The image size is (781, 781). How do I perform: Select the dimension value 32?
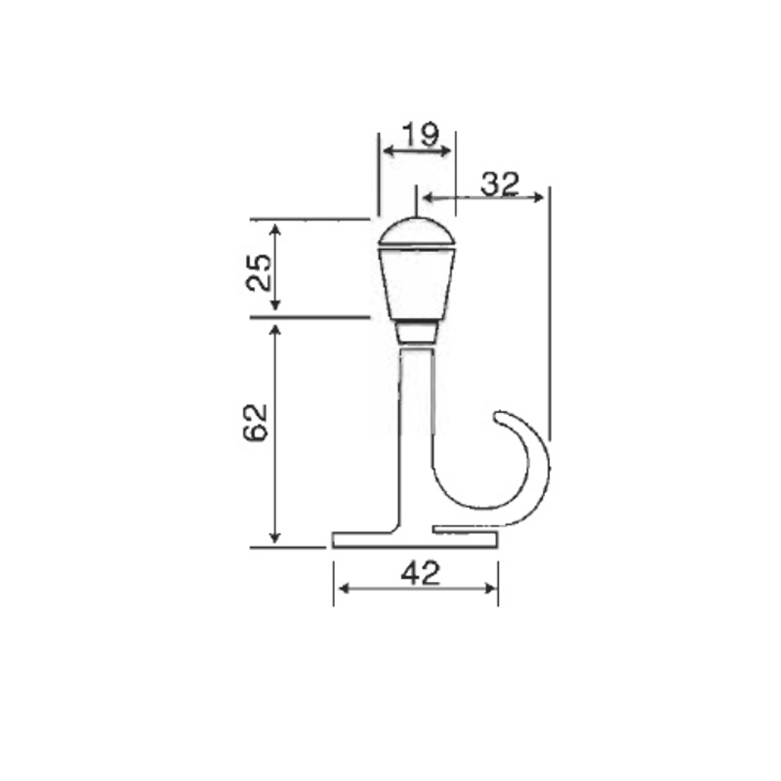(499, 184)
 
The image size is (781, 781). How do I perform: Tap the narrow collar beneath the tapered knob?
(417, 332)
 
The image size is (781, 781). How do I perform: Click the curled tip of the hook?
(500, 417)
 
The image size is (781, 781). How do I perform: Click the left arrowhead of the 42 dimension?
(340, 588)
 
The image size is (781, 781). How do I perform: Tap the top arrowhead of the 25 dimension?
(275, 228)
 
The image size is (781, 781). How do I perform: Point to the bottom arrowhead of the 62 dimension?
(275, 539)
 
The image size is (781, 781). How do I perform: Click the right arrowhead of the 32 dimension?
(539, 198)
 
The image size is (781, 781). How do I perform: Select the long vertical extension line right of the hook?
(550, 312)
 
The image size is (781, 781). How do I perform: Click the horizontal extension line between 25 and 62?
(309, 317)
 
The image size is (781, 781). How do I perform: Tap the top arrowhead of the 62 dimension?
(275, 330)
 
